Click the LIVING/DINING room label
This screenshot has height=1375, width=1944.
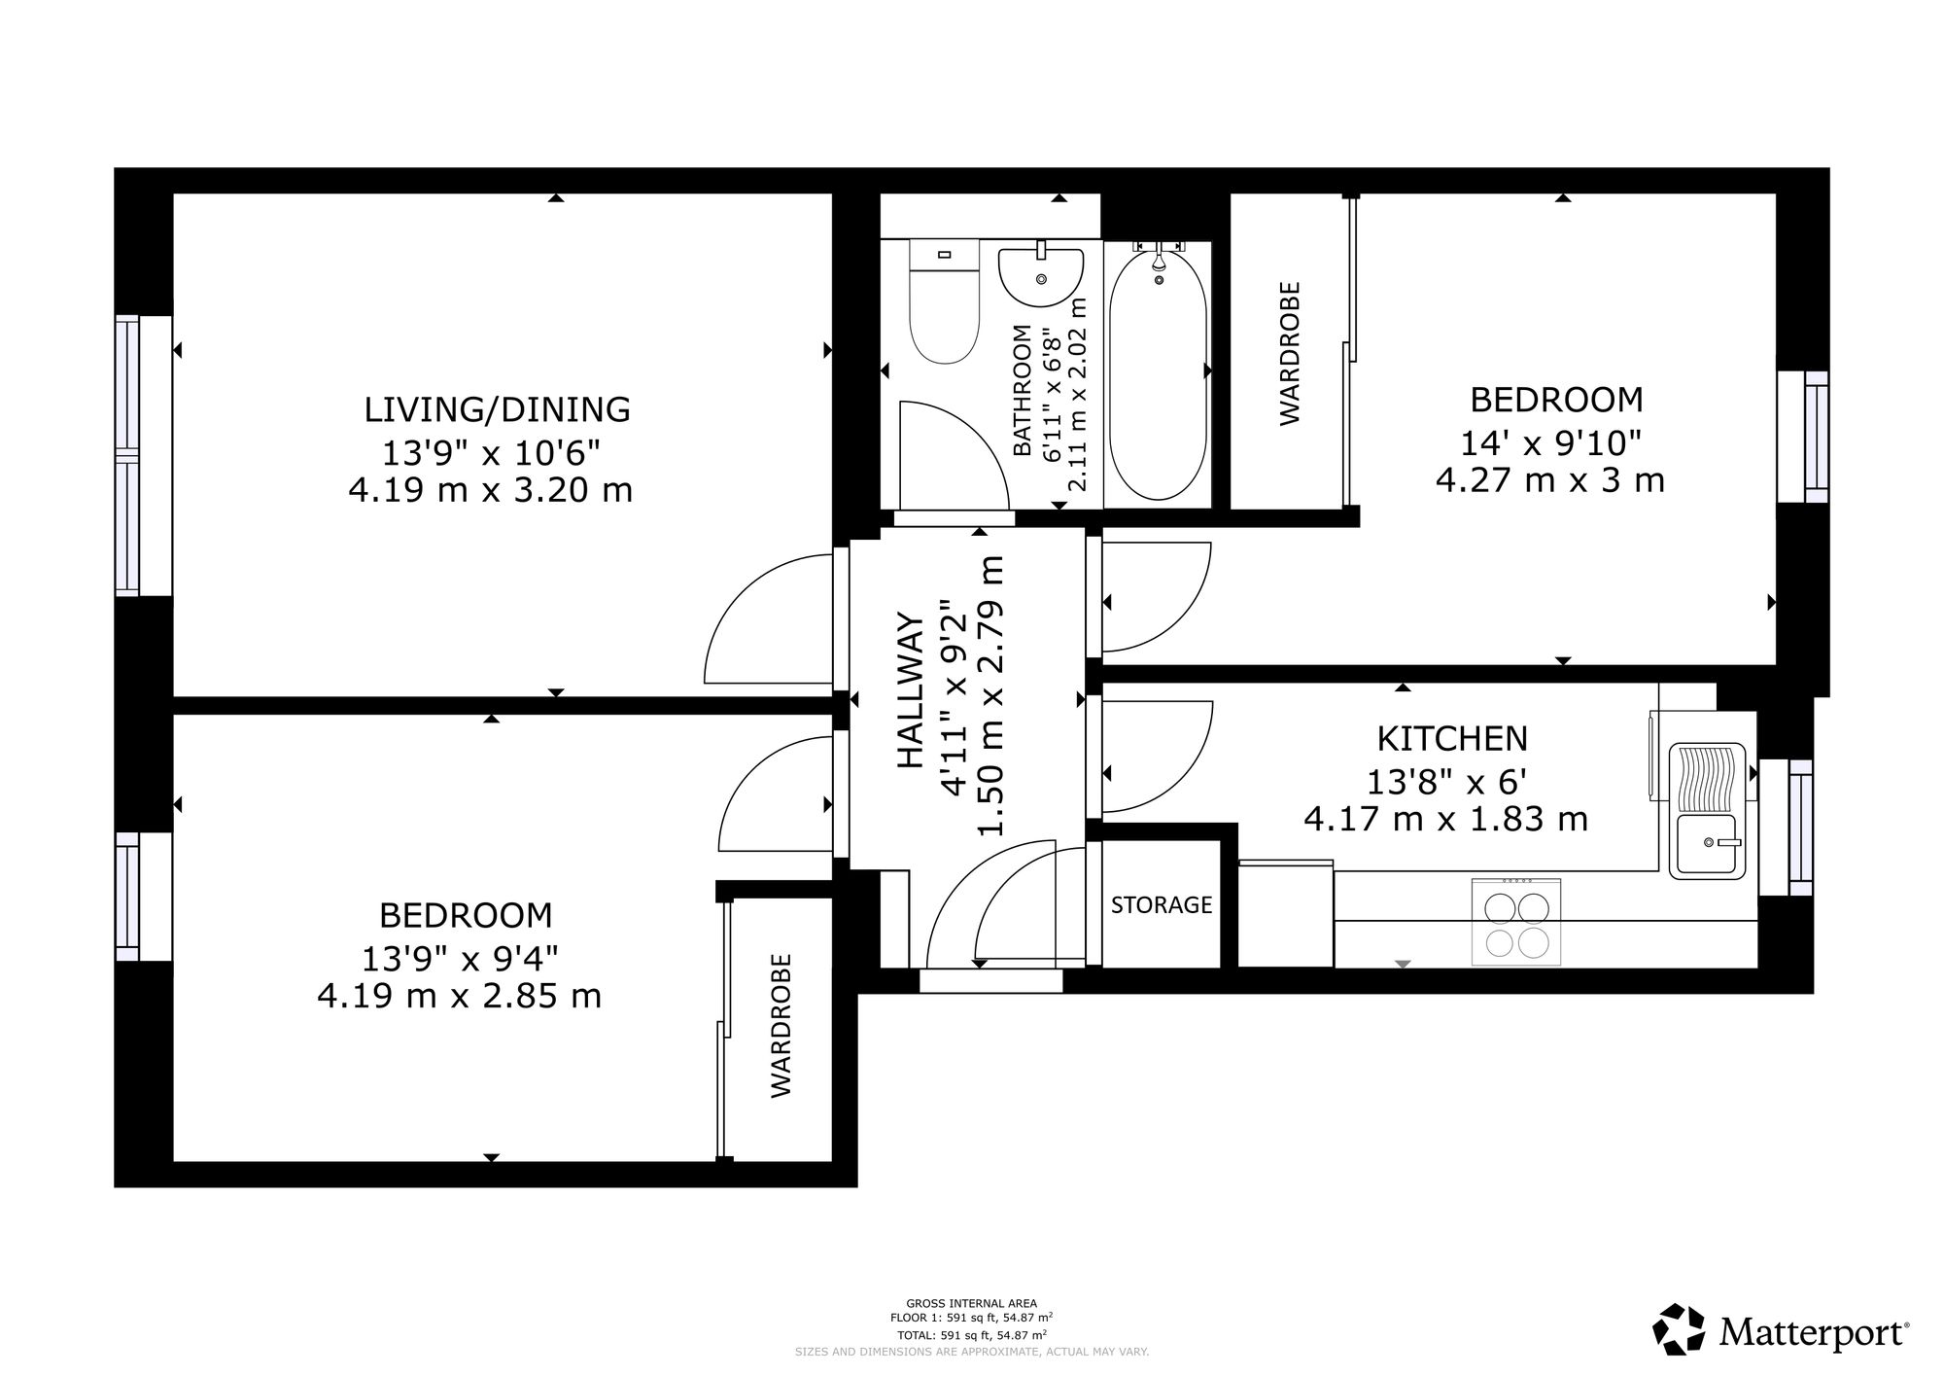click(497, 409)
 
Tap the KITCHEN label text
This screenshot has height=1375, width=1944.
click(1452, 739)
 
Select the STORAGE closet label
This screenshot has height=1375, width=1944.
click(1162, 905)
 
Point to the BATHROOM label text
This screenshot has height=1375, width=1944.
click(1022, 390)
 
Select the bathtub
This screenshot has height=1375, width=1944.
click(1159, 373)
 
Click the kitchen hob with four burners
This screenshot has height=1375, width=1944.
click(1516, 922)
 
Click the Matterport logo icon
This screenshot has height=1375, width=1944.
click(1680, 1328)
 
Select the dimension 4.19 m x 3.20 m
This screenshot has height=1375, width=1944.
click(491, 489)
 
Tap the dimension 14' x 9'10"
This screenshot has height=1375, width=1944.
click(1550, 443)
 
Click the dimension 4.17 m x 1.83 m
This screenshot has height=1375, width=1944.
click(1446, 820)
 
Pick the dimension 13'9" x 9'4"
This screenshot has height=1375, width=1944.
click(461, 960)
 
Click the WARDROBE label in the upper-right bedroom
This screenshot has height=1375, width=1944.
click(1290, 353)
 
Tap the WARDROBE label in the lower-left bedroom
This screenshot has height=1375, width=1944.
click(781, 1026)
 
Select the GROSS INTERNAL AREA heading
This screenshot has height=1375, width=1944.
click(972, 1303)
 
